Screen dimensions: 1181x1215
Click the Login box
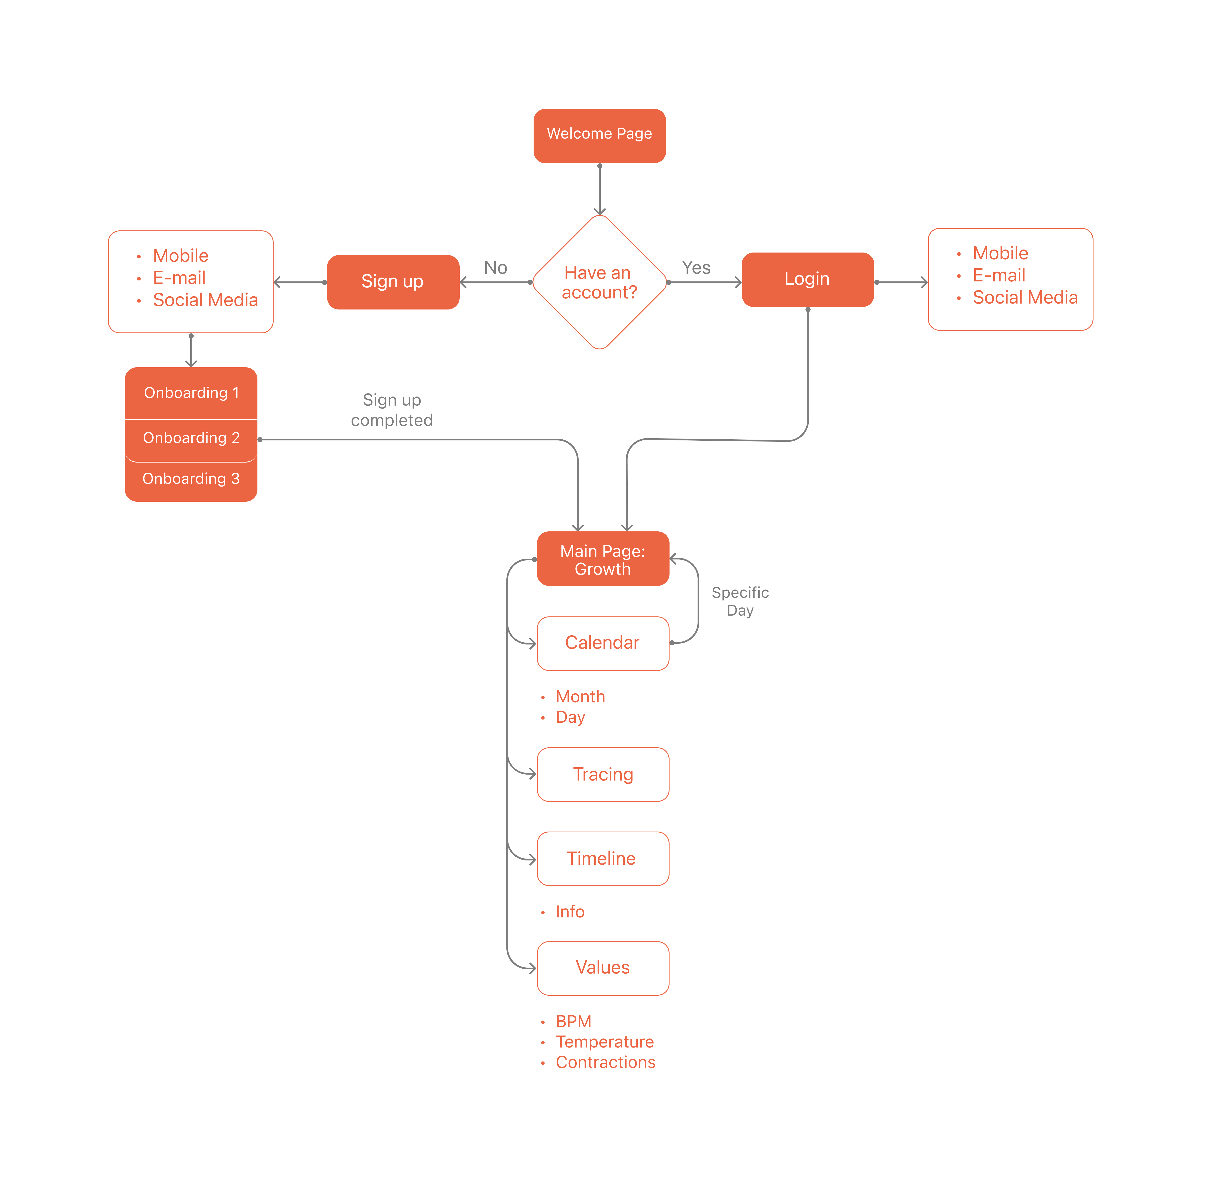coord(807,279)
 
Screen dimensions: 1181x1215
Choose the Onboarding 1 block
coord(191,393)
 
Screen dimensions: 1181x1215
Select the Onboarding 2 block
coord(191,438)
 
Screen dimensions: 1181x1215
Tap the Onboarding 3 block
coord(191,479)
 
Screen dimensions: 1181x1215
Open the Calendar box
coord(603,643)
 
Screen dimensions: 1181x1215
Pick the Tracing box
coord(603,775)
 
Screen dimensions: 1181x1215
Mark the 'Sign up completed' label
coord(392,410)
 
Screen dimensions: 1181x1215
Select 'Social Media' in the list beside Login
coord(1025,298)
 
